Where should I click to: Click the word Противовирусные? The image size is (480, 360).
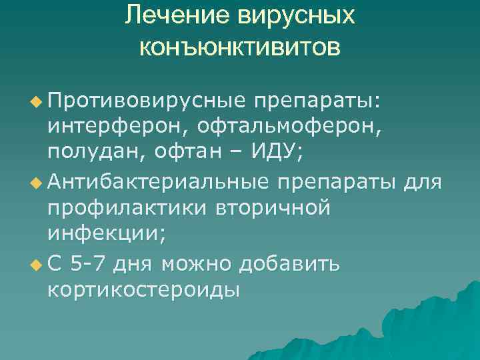pyautogui.click(x=146, y=100)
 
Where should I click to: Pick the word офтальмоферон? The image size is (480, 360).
pyautogui.click(x=283, y=126)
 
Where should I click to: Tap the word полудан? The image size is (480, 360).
pyautogui.click(x=93, y=152)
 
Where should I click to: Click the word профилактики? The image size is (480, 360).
pyautogui.click(x=125, y=207)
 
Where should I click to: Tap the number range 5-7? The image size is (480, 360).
pyautogui.click(x=87, y=264)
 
